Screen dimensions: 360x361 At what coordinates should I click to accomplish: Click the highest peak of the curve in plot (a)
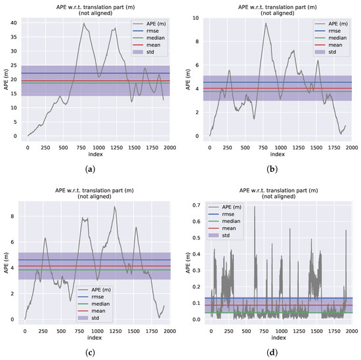pos(84,24)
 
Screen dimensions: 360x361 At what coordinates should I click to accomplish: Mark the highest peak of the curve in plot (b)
pos(266,24)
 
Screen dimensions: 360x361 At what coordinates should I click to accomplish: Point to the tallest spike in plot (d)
pos(255,207)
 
